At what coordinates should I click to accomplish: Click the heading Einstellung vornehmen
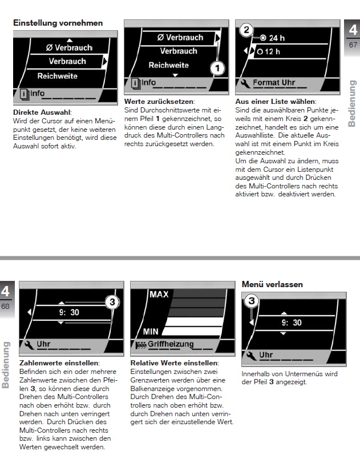click(x=58, y=23)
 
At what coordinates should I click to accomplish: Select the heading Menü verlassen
click(x=272, y=284)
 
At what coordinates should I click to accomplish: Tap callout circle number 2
click(x=246, y=30)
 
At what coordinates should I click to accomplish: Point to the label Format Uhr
click(x=274, y=83)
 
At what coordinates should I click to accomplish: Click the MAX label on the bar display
click(x=159, y=295)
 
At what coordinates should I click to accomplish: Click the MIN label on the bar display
click(x=151, y=331)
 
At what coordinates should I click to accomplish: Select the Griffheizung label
click(x=171, y=344)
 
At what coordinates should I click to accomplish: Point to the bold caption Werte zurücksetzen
click(x=155, y=101)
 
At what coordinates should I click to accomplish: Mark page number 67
click(x=353, y=45)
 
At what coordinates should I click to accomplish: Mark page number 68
click(x=6, y=307)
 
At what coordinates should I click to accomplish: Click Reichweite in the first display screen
click(x=57, y=76)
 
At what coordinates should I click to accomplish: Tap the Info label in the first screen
click(x=37, y=94)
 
